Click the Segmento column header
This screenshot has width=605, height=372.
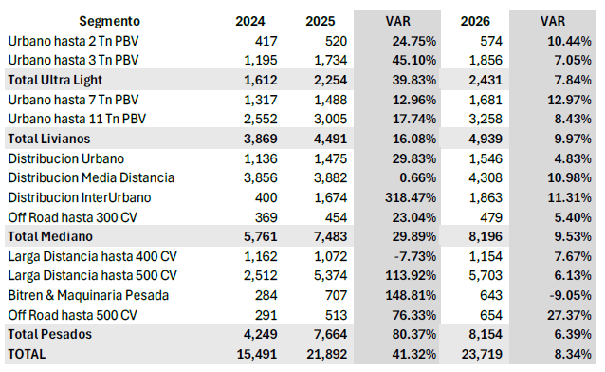pyautogui.click(x=109, y=20)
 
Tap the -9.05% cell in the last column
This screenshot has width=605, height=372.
pyautogui.click(x=569, y=295)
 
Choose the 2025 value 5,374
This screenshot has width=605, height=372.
pyautogui.click(x=326, y=275)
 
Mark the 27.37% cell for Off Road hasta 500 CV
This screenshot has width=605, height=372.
pyautogui.click(x=568, y=315)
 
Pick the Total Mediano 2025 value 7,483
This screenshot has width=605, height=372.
pyautogui.click(x=326, y=236)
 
